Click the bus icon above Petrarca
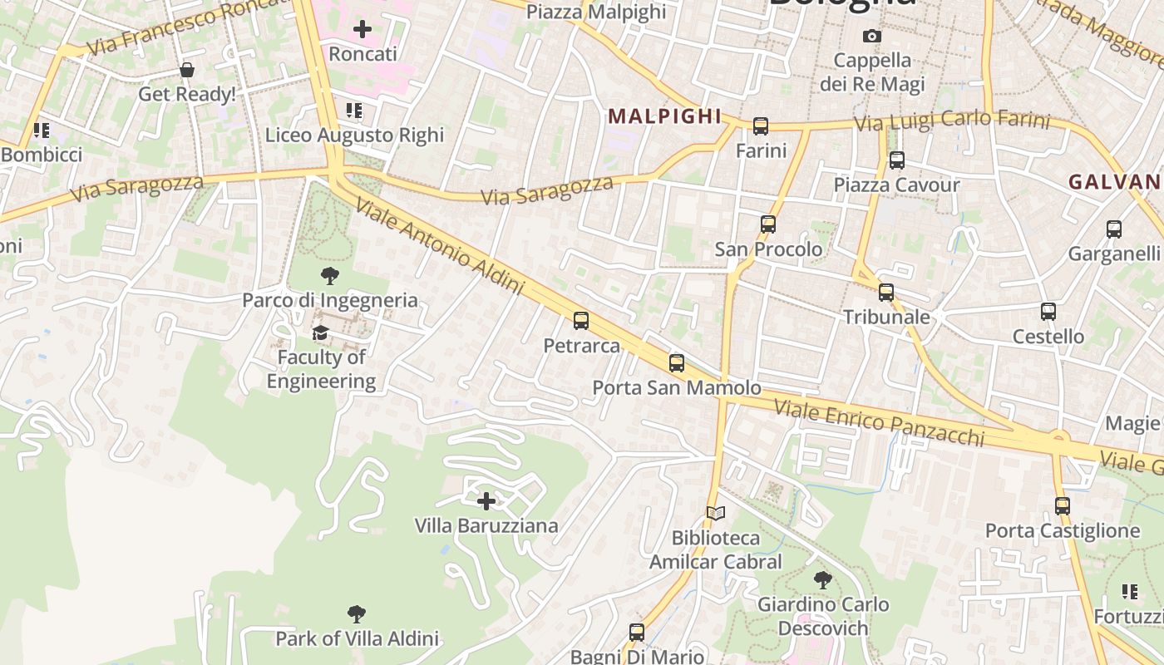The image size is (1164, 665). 581,321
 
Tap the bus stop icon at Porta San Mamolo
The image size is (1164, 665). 677,363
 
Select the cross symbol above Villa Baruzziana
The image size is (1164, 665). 486,501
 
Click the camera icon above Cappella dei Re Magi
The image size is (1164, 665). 872,36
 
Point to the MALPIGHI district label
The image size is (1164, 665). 664,116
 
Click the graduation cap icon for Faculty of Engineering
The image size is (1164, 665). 320,333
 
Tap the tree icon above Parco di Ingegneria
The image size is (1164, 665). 330,276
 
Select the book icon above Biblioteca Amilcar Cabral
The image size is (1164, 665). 716,514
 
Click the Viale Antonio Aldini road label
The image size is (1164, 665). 441,246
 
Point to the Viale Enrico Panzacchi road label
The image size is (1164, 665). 879,422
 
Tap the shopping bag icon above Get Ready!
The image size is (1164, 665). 187,70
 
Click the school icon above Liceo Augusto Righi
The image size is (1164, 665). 354,111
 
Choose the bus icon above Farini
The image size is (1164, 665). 761,126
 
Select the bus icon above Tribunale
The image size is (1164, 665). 886,293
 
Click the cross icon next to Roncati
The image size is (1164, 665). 363,30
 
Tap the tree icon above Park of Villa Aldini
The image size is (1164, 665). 357,614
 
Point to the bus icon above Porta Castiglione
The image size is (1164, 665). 1062,505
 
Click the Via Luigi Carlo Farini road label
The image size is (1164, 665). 953,121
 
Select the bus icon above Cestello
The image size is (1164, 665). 1048,312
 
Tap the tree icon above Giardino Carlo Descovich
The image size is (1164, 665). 823,579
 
